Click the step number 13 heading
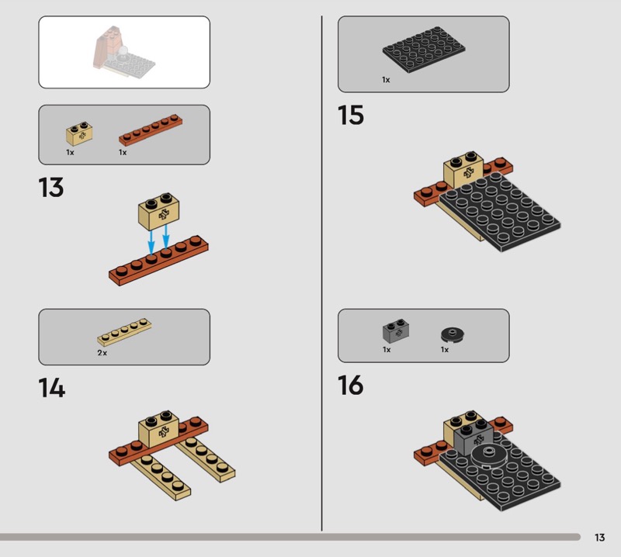point(51,187)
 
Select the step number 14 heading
point(52,388)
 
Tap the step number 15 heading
point(351,115)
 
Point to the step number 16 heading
point(351,386)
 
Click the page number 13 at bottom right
point(599,537)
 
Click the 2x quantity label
point(102,353)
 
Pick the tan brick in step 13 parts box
point(79,133)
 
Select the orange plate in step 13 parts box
point(151,130)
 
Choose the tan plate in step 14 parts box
point(124,332)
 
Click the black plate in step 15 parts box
point(424,50)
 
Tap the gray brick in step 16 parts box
point(396,331)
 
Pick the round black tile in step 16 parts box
point(453,334)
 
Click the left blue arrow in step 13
point(151,241)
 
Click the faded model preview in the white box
point(124,52)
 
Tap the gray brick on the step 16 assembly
point(474,438)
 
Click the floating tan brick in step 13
point(158,212)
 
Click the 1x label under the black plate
point(386,80)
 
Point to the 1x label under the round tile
point(445,350)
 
